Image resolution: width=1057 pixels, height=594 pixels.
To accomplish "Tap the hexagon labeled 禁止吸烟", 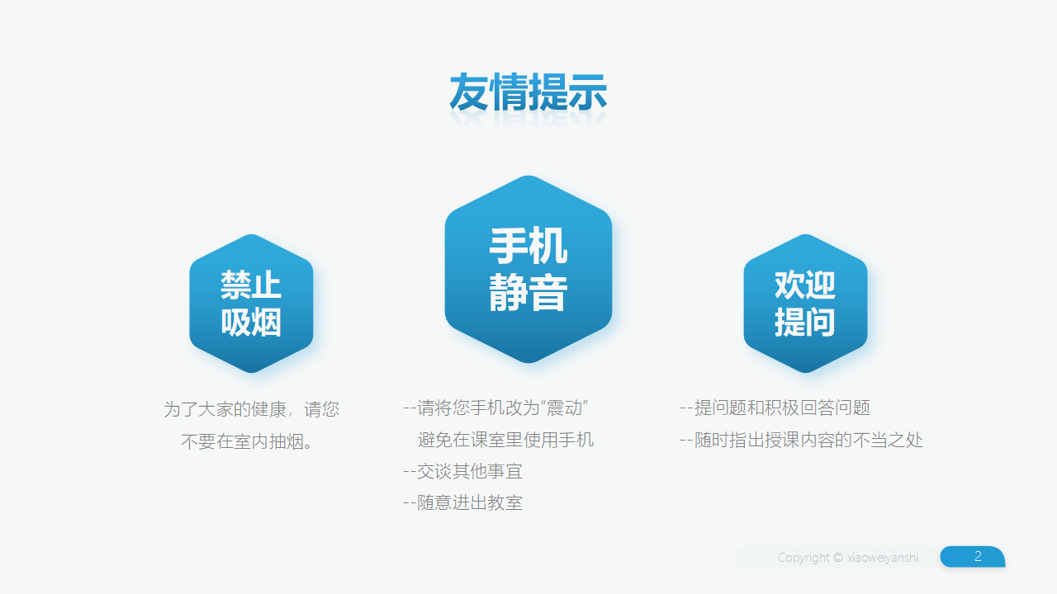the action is [251, 303].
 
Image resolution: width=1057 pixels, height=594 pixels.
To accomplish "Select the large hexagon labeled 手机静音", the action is [528, 269].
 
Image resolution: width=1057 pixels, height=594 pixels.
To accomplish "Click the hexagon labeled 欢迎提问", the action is [805, 303].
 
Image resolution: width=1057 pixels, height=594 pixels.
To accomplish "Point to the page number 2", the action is [978, 556].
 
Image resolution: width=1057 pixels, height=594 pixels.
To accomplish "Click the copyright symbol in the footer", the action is [837, 557].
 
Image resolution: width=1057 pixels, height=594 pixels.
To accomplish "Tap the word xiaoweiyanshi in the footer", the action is [884, 558].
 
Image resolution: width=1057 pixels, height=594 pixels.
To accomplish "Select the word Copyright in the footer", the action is [803, 558].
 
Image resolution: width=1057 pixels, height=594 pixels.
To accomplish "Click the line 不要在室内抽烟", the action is [247, 441].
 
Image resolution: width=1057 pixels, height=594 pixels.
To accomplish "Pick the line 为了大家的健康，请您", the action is [252, 408].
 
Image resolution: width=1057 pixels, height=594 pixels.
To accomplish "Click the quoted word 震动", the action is [564, 408].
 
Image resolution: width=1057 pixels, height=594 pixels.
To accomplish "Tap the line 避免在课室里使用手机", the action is [505, 440].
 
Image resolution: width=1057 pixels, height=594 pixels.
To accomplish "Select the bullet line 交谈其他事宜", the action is [463, 471].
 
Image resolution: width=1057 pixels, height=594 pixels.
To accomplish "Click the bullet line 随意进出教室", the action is [463, 502].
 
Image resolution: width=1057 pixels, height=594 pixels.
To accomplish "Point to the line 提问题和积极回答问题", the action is [775, 408].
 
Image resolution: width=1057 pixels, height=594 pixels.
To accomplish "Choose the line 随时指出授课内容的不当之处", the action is [801, 440].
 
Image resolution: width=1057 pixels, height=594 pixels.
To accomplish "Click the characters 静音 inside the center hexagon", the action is [528, 293].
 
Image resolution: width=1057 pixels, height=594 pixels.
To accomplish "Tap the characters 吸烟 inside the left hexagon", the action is [251, 322].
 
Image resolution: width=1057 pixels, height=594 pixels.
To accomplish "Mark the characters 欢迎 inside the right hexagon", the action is [805, 285].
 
